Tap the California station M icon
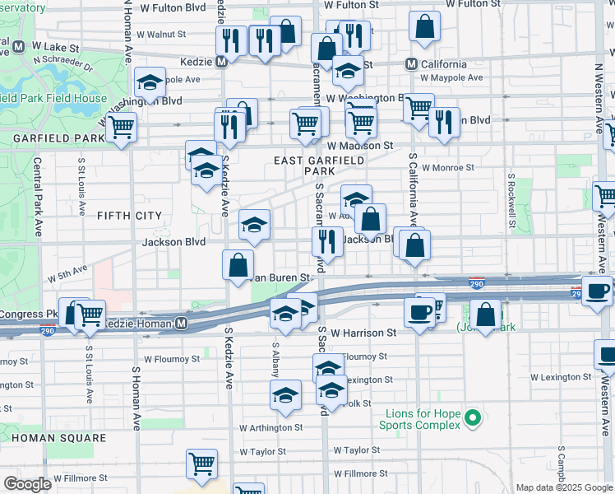[414, 64]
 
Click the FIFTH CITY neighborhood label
[129, 216]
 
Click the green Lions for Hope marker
[472, 419]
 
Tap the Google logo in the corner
[27, 484]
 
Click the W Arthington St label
[271, 428]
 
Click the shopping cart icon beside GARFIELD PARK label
[122, 127]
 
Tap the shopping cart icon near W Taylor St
[201, 463]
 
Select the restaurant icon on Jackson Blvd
[327, 240]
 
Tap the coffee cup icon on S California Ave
[419, 312]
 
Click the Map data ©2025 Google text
[562, 487]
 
